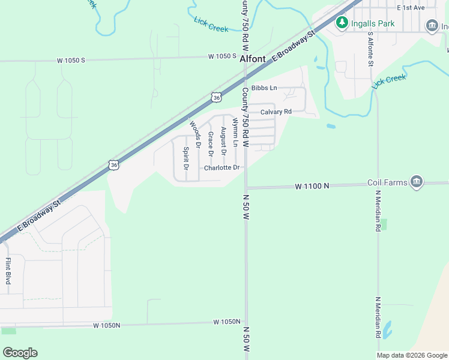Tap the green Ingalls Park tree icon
click(x=342, y=23)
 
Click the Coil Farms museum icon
click(x=417, y=181)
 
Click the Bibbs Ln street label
click(x=264, y=88)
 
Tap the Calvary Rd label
click(x=276, y=112)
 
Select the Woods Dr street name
click(x=194, y=134)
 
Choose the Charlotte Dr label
click(x=221, y=168)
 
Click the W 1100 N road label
click(x=312, y=187)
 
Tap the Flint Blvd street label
click(x=8, y=271)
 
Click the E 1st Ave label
click(x=411, y=7)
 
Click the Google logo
click(x=20, y=353)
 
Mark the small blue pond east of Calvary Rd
click(x=331, y=127)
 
